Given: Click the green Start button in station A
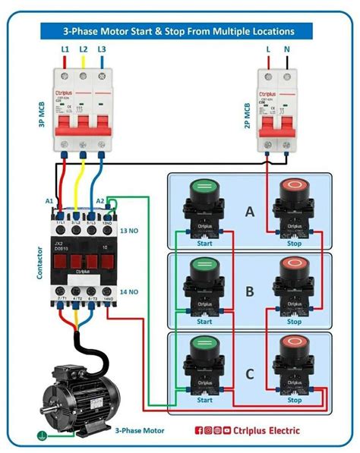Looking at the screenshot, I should pos(204,188).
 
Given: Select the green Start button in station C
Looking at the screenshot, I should pos(204,353).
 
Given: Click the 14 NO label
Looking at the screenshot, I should pos(129,291).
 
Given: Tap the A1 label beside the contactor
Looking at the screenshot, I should pos(50,202).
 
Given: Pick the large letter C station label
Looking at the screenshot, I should pos(249,372).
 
